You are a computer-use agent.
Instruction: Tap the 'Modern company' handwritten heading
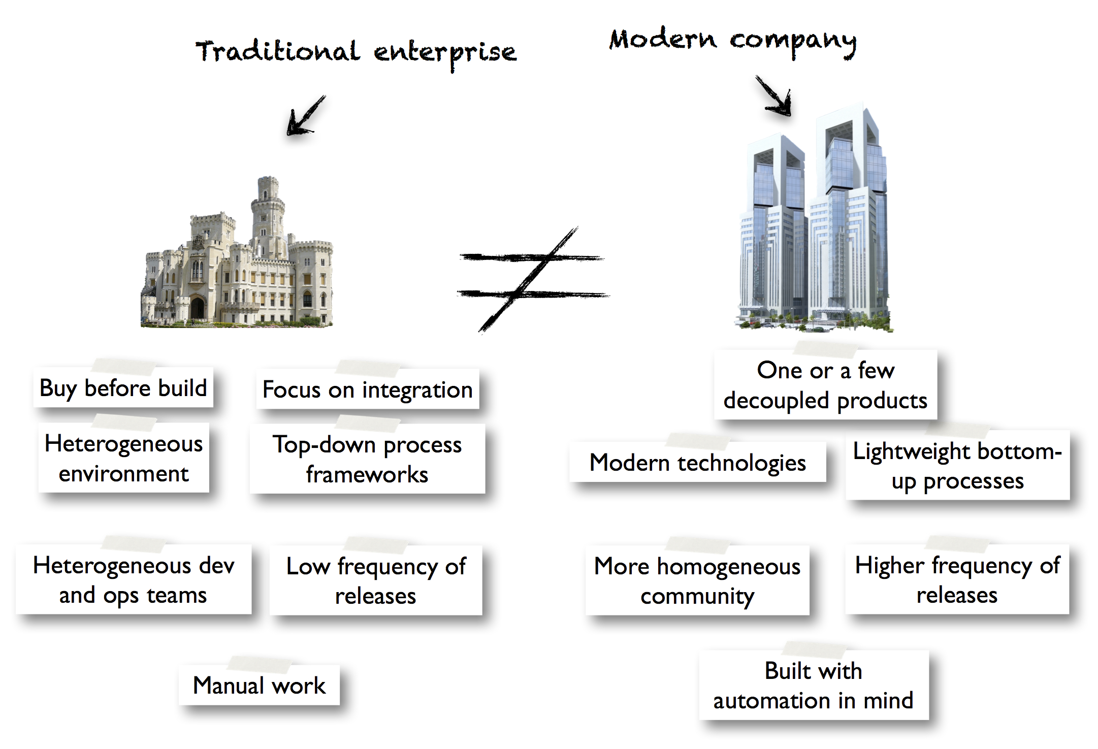click(x=732, y=41)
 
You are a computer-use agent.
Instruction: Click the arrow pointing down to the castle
click(x=305, y=116)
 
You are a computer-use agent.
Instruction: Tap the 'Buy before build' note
click(x=123, y=388)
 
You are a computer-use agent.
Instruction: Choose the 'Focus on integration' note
click(x=367, y=390)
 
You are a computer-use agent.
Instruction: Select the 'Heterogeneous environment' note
click(x=123, y=458)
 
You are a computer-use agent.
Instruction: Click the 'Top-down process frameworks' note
click(x=367, y=459)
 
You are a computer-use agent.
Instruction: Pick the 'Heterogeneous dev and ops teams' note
click(x=134, y=580)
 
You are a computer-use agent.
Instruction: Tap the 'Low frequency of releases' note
click(x=376, y=580)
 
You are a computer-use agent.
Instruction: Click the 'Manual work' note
click(x=259, y=686)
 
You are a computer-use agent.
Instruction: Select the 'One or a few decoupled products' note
click(x=825, y=385)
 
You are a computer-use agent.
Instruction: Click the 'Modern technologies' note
click(x=697, y=463)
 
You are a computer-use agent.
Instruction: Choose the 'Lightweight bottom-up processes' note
click(x=957, y=465)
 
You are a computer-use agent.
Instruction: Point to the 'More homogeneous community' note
click(x=697, y=580)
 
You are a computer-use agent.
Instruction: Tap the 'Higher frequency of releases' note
click(x=957, y=579)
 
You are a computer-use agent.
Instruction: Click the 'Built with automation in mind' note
click(x=814, y=685)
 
